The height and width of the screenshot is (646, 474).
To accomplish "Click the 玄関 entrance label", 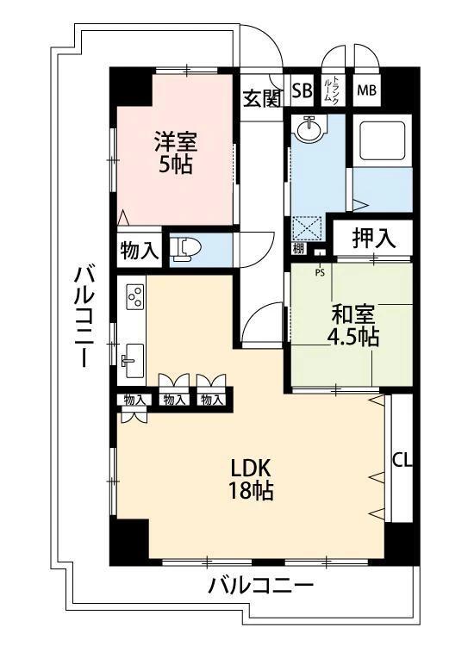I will coord(261,98).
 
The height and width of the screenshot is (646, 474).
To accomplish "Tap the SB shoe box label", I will coord(302,90).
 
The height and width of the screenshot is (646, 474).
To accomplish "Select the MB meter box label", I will coord(366,90).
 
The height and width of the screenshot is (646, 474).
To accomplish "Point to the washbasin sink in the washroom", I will coord(307,129).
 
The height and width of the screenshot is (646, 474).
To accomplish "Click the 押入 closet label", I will coord(374,239).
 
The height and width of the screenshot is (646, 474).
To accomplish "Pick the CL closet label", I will coord(402,459).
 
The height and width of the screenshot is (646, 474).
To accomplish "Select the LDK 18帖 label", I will coord(251,480).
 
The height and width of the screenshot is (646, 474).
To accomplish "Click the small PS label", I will coord(320,273).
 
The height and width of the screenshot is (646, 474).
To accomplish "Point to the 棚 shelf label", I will coord(297,250).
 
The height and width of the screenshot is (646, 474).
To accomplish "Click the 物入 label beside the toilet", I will coord(139,251).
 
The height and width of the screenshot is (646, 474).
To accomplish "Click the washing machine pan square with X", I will coord(308,227).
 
